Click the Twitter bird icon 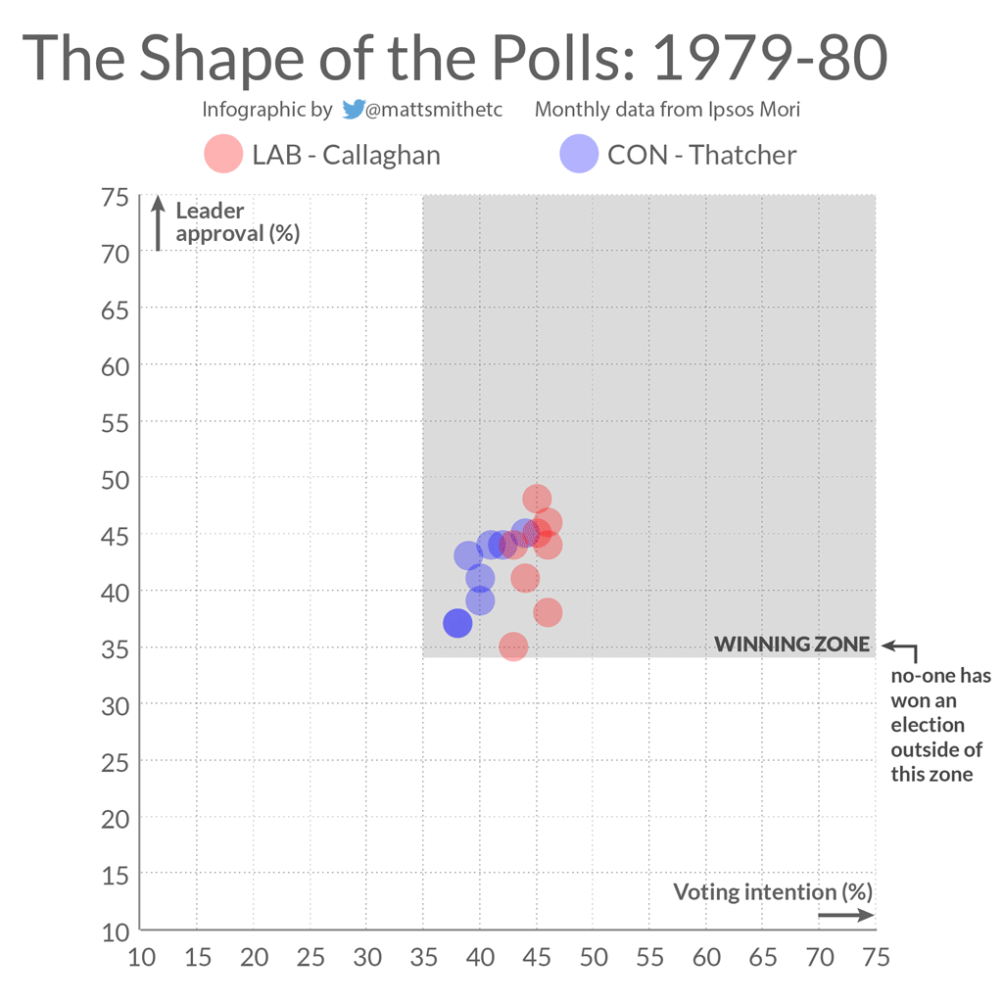(x=353, y=110)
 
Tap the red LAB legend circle (x=223, y=155)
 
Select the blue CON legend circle (x=579, y=155)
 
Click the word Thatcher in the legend (x=742, y=155)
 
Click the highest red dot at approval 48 (x=537, y=500)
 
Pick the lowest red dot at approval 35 (x=513, y=646)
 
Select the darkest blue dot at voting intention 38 (x=457, y=623)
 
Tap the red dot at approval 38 (x=548, y=613)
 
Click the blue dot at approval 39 (x=480, y=600)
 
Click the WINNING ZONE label (x=791, y=645)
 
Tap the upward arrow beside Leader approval (x=157, y=223)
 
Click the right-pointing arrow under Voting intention (x=845, y=916)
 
